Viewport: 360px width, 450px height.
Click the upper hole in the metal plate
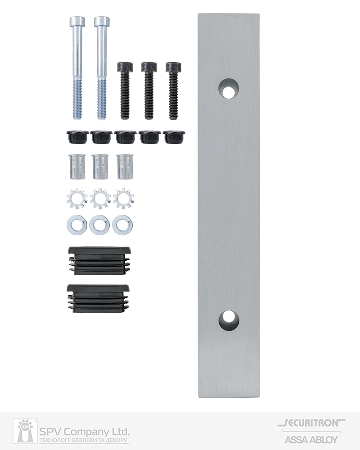(x=229, y=88)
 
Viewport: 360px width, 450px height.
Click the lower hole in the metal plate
(x=229, y=320)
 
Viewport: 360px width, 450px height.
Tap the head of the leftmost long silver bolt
(x=77, y=22)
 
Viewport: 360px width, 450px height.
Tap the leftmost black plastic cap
(x=77, y=137)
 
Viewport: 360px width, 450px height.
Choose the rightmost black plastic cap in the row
(x=174, y=137)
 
